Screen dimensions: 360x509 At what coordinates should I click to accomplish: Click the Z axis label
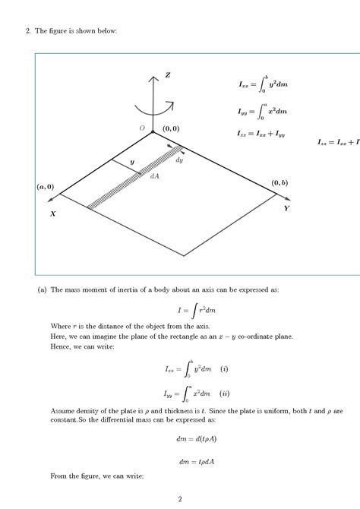pos(167,75)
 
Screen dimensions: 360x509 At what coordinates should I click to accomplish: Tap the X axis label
pos(53,214)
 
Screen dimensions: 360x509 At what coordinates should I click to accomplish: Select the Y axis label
pos(286,207)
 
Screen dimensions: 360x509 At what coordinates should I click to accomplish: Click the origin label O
pos(142,129)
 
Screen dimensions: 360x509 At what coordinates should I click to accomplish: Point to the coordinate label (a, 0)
pos(45,186)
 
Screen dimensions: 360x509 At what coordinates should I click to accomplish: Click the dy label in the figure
pos(179,160)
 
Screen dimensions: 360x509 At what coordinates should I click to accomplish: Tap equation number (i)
pos(224,369)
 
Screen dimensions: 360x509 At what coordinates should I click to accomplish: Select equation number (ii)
pos(225,394)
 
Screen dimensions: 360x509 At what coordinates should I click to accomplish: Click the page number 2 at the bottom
pos(179,499)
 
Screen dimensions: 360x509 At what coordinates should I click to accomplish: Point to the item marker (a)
pos(43,289)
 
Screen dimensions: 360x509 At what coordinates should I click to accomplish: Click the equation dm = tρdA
pos(180,459)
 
